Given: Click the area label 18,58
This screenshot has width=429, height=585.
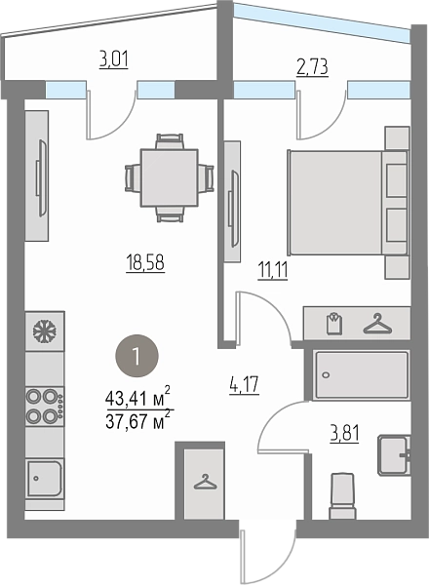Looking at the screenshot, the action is [145, 262].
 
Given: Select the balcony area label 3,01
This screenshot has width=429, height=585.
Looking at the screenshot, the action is [114, 59].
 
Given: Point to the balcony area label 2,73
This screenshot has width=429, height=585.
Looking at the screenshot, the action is [312, 67].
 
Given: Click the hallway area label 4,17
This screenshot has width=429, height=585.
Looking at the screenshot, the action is [245, 385].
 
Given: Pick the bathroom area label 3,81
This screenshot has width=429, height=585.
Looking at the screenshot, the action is [344, 434].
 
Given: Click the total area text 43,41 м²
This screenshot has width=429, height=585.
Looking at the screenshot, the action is [138, 398].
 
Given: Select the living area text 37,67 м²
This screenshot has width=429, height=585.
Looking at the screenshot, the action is [138, 421].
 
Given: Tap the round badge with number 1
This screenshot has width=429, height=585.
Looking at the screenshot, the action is [136, 356].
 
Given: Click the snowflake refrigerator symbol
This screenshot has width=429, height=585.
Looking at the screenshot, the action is [45, 331].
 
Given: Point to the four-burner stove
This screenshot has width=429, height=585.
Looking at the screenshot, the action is [45, 407].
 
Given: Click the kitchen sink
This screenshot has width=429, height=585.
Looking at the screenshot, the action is [45, 479].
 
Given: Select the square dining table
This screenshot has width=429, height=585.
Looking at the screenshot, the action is [169, 178].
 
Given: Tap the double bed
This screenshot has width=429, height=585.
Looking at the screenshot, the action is [348, 203].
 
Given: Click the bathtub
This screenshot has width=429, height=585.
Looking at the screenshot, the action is [361, 375].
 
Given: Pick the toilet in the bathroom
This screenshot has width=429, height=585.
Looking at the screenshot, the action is [342, 495].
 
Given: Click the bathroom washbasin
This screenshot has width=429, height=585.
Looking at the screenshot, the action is [394, 455].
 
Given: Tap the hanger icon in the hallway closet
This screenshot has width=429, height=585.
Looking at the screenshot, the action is [205, 482].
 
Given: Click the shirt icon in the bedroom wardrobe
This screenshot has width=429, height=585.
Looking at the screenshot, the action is [334, 323].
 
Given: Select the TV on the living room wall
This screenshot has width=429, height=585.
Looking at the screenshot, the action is [42, 177].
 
